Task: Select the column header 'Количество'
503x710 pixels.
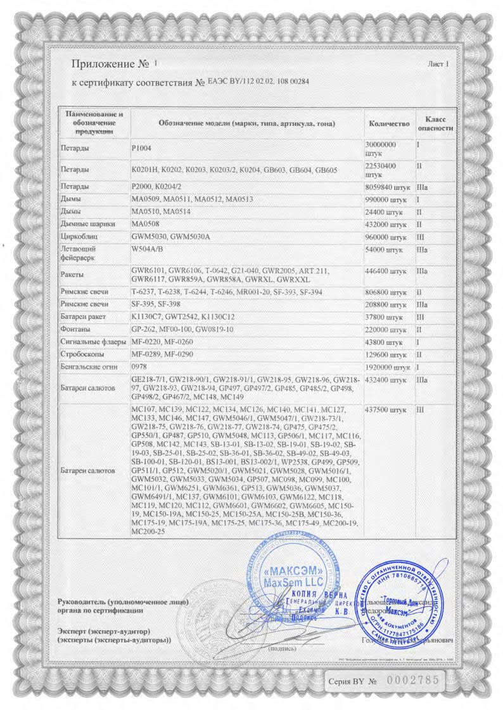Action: [x=388, y=123]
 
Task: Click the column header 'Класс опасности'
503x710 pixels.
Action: [x=436, y=123]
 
